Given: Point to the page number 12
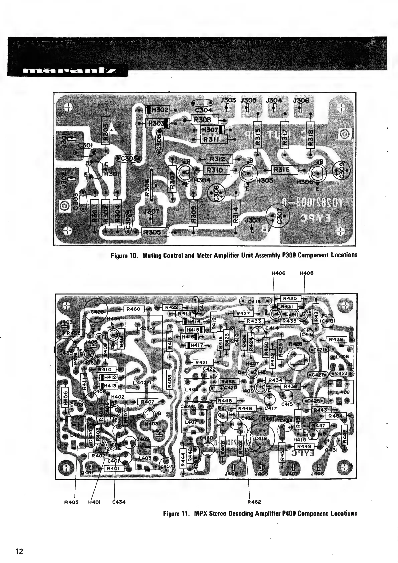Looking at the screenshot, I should [x=19, y=551].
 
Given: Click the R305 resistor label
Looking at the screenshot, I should [x=154, y=232].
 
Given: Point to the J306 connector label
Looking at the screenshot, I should [x=301, y=100].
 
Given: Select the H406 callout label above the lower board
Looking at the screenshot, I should [x=279, y=273].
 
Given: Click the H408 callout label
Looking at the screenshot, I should [x=306, y=273].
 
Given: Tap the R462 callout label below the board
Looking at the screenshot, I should [x=254, y=502].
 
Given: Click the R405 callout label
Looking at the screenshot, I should [x=71, y=502].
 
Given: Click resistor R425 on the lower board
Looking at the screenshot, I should [x=292, y=298].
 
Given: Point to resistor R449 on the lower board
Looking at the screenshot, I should [x=304, y=446].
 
